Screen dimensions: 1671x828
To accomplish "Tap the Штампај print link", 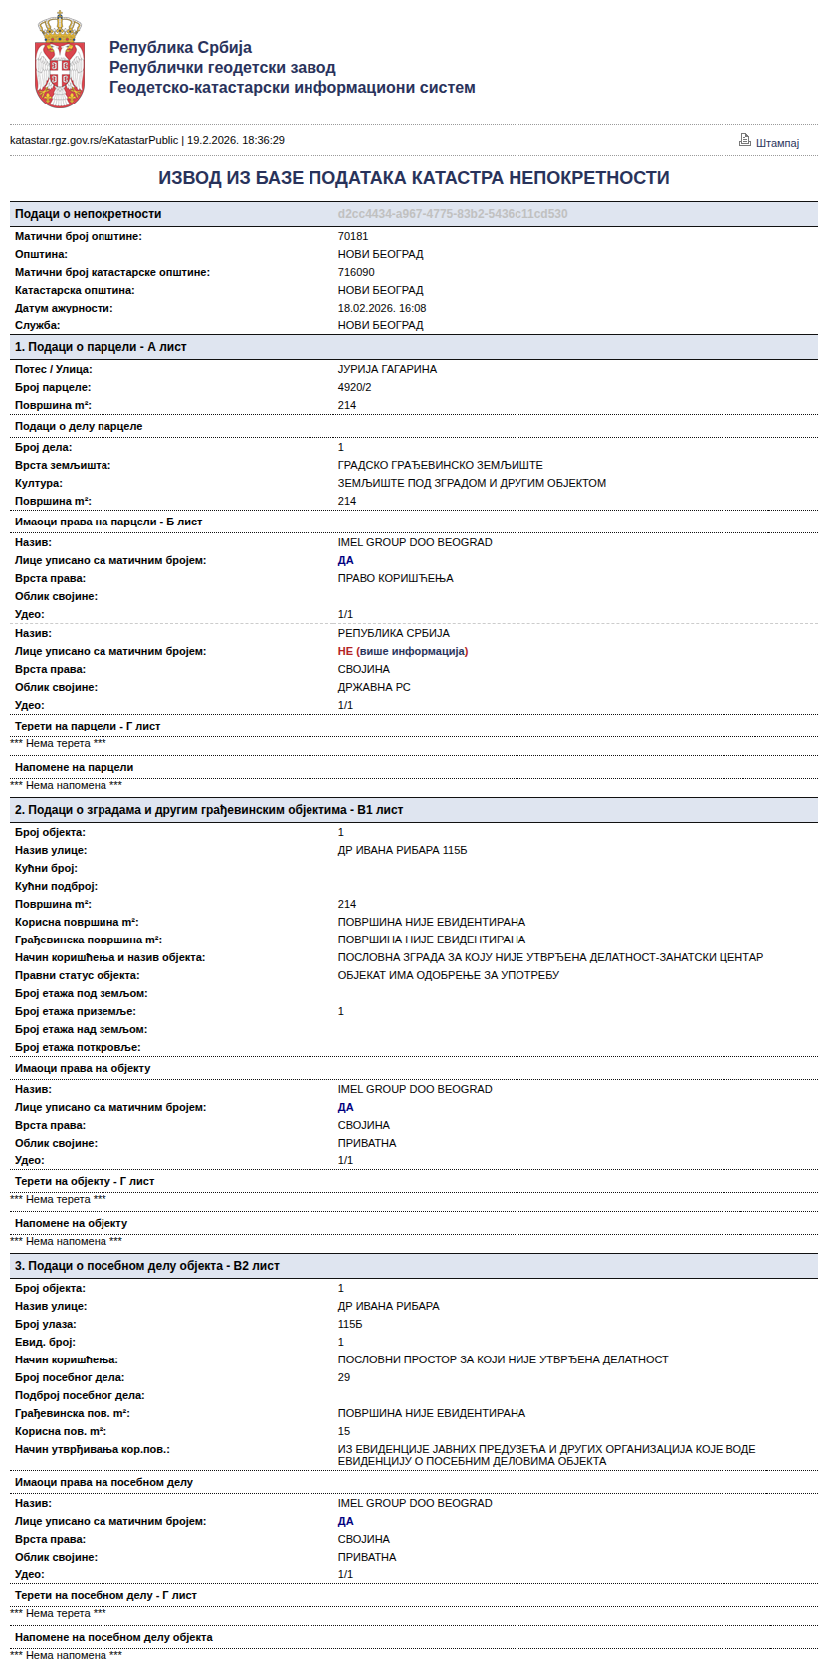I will pyautogui.click(x=777, y=143).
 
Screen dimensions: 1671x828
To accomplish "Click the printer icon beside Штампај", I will pyautogui.click(x=744, y=140).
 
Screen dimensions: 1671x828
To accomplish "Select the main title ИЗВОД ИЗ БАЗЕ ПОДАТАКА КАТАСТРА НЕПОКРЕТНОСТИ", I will pyautogui.click(x=414, y=178).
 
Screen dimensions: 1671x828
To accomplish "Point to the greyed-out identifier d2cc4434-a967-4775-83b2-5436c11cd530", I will pyautogui.click(x=453, y=214).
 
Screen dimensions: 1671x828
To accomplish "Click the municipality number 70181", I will pyautogui.click(x=353, y=236).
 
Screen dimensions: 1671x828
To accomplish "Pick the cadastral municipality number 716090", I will pyautogui.click(x=356, y=272).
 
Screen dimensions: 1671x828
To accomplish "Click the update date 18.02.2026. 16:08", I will pyautogui.click(x=382, y=308).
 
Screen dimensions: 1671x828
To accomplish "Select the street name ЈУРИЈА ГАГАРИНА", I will pyautogui.click(x=387, y=369).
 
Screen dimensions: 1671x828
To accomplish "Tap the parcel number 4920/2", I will pyautogui.click(x=354, y=387).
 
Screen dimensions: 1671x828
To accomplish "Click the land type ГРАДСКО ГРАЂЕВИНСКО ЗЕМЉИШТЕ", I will pyautogui.click(x=441, y=465).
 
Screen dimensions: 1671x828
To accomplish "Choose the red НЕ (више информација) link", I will pyautogui.click(x=403, y=651).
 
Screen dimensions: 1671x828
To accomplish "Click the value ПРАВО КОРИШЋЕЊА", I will pyautogui.click(x=395, y=578).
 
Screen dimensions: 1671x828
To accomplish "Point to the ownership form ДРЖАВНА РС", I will pyautogui.click(x=374, y=687).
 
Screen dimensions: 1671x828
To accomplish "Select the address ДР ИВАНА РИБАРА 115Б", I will pyautogui.click(x=402, y=850).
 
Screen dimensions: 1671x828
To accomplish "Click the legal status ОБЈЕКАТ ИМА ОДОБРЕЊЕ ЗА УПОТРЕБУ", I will pyautogui.click(x=449, y=975).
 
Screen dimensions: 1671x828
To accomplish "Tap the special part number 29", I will pyautogui.click(x=344, y=1377).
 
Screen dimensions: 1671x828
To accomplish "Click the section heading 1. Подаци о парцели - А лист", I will pyautogui.click(x=101, y=347).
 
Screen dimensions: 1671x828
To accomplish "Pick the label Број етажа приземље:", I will pyautogui.click(x=76, y=1011).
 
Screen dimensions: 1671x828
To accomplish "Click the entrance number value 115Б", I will pyautogui.click(x=350, y=1324).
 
